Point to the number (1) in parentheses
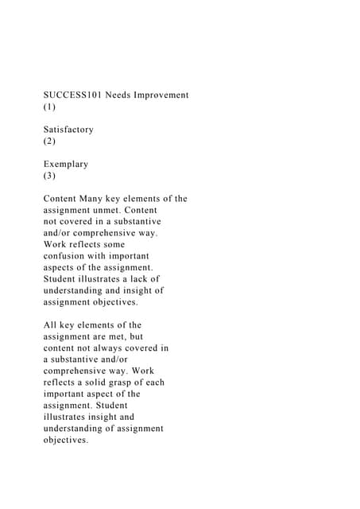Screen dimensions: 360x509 (49, 107)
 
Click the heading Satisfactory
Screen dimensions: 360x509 (68, 130)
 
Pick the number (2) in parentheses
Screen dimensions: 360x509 (49, 142)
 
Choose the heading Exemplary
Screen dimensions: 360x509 (66, 165)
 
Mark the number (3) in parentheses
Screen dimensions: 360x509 (49, 176)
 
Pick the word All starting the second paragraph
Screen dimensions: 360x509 (51, 325)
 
